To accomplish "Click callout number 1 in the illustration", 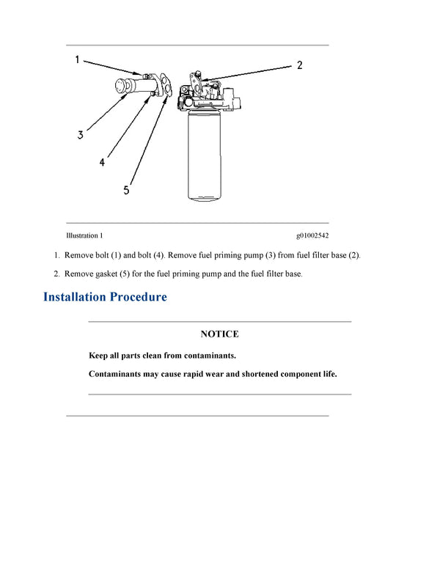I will (x=77, y=60).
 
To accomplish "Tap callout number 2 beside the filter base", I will (x=299, y=65).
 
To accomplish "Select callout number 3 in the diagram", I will (x=80, y=135).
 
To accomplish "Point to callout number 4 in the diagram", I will (x=102, y=162).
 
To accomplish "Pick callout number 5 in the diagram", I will (x=126, y=190).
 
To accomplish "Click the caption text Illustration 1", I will (x=84, y=235).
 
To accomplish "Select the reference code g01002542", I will (x=312, y=235).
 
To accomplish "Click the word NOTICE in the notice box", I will (x=219, y=334).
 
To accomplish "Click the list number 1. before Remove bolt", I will (x=56, y=255).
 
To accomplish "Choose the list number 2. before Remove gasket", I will (x=56, y=274).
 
